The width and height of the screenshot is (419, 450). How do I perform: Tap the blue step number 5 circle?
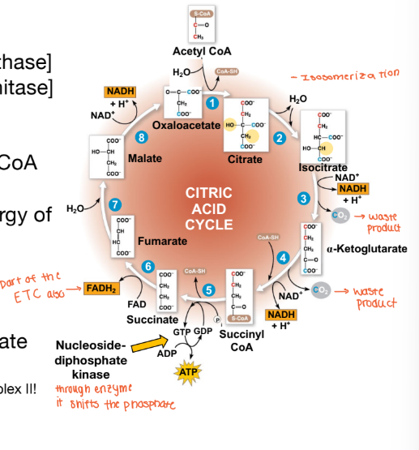click(208, 289)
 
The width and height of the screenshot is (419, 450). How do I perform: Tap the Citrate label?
click(245, 159)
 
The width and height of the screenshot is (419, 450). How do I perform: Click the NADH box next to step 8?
click(119, 92)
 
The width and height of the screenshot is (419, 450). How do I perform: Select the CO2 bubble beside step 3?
click(340, 215)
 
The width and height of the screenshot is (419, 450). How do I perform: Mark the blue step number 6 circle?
click(148, 267)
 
